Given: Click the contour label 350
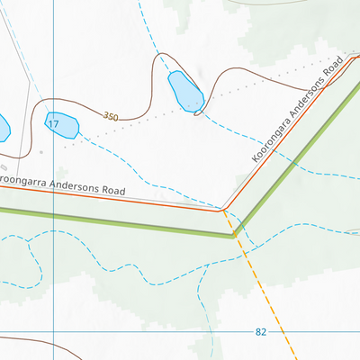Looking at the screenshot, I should (111, 117).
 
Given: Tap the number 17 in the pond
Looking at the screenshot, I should (53, 123).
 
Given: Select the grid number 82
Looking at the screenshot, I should (261, 332).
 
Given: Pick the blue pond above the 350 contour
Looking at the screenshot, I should (185, 89).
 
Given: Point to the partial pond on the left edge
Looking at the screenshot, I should (3, 129).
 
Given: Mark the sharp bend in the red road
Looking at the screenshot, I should (223, 210).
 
